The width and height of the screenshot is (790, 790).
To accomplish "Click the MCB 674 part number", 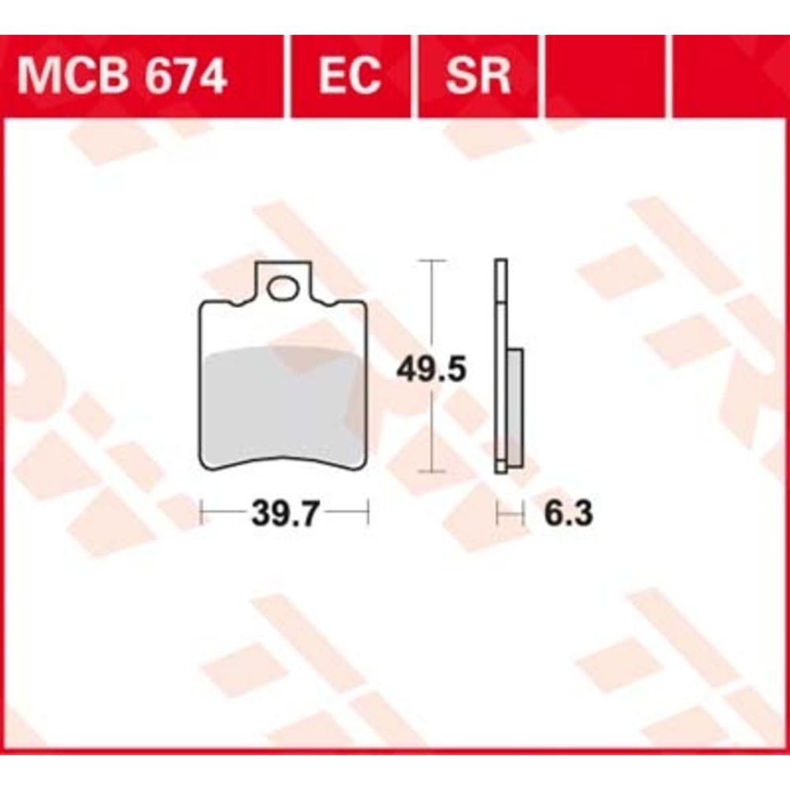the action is coord(122,76).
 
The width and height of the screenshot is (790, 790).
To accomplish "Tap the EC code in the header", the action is coord(350,76).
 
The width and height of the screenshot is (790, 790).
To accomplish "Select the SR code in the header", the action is coord(478,76).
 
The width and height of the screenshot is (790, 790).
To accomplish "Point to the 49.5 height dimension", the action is coord(431,369).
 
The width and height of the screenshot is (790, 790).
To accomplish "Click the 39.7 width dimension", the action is coord(285,514).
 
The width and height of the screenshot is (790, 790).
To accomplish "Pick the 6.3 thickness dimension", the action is coord(568,514).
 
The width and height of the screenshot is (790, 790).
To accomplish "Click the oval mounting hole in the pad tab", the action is coord(283,288).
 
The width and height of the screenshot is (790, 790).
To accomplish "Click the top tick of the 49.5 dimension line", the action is coord(432,261).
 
